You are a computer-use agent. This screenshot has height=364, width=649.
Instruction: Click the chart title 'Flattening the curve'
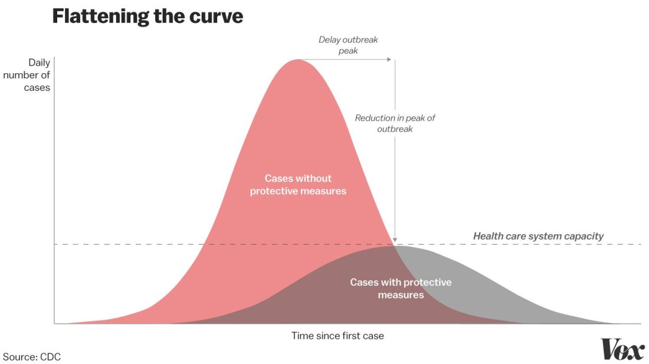pyautogui.click(x=147, y=16)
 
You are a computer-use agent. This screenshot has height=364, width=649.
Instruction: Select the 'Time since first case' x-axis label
pyautogui.click(x=337, y=336)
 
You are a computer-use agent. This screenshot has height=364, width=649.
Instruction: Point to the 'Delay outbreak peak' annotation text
pyautogui.click(x=348, y=45)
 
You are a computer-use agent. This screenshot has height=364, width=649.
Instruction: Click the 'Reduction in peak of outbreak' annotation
pyautogui.click(x=395, y=123)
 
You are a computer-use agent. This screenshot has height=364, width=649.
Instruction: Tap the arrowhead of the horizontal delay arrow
pyautogui.click(x=388, y=60)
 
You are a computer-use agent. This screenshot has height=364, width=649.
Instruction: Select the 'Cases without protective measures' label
pyautogui.click(x=298, y=185)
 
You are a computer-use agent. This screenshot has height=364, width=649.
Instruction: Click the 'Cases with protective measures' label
pyautogui.click(x=401, y=288)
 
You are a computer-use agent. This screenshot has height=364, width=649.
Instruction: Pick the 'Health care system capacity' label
pyautogui.click(x=538, y=236)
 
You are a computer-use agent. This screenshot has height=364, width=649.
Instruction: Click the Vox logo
pyautogui.click(x=622, y=349)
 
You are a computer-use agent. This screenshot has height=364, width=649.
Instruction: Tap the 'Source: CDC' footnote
pyautogui.click(x=32, y=357)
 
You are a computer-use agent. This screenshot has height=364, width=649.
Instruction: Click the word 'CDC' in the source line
pyautogui.click(x=51, y=357)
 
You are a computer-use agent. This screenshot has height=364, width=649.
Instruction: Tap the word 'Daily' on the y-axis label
pyautogui.click(x=39, y=63)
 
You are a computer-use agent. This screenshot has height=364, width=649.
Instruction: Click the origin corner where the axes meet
pyautogui.click(x=54, y=323)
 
